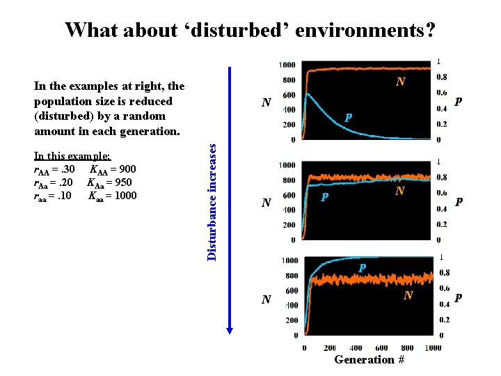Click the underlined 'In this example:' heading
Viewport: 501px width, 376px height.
click(x=72, y=157)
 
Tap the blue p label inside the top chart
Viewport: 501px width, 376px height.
click(x=347, y=116)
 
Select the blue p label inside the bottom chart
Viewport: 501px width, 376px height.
click(x=362, y=267)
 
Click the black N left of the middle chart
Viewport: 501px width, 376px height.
click(x=265, y=203)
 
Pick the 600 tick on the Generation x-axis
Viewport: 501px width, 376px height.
click(x=382, y=348)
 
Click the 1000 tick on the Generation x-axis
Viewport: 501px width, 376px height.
click(x=432, y=348)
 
